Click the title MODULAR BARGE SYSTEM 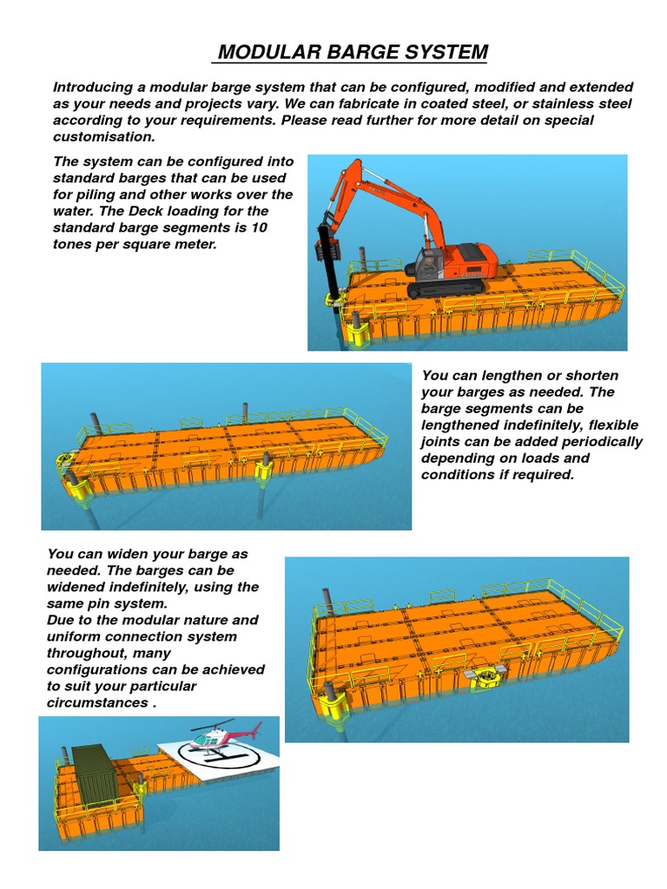click(352, 53)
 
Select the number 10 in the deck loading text click(258, 228)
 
